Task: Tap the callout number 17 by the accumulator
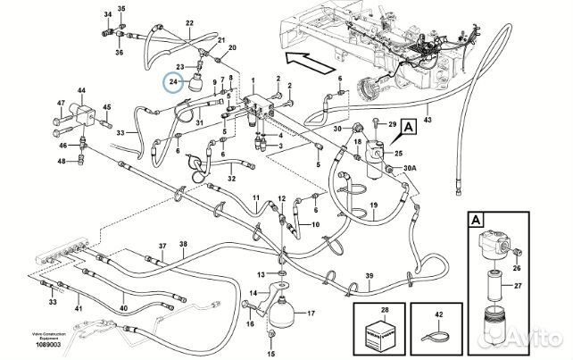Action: tap(311, 314)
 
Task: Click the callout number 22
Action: tap(188, 26)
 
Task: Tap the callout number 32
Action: tap(230, 179)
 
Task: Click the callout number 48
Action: tap(62, 162)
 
